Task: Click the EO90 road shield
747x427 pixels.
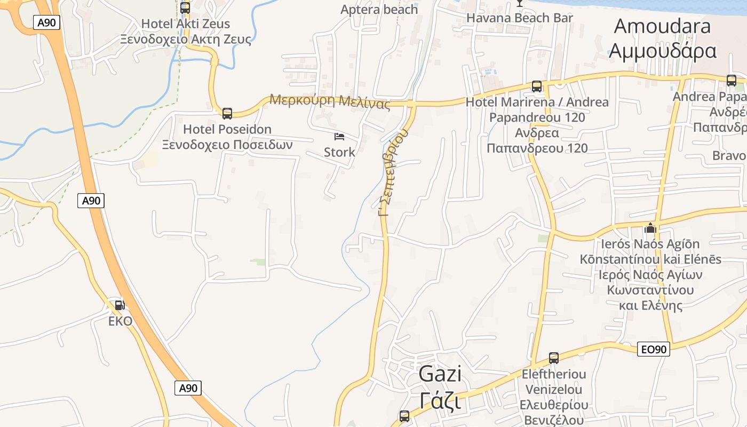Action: point(654,350)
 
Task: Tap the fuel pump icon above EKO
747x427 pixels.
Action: point(120,305)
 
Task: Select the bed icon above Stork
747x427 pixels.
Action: point(339,137)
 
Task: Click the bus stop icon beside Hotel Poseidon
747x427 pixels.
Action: point(227,113)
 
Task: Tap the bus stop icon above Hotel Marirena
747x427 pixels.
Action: point(537,86)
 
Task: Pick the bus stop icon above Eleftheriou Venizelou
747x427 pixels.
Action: point(554,358)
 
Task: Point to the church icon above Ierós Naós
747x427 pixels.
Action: point(650,228)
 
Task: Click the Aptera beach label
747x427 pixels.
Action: point(379,10)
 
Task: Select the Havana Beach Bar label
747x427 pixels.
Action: point(520,18)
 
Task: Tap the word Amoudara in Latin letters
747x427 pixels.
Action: point(662,26)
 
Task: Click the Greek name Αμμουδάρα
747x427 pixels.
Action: point(662,51)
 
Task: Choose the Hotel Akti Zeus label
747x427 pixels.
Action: point(186,23)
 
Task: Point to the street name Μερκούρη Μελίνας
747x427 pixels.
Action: point(330,101)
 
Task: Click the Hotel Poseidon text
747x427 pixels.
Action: point(227,129)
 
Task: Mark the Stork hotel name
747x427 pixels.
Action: point(339,152)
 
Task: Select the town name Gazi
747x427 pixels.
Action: point(440,374)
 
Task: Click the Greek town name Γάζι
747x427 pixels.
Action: point(440,400)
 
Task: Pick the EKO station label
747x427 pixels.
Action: point(120,321)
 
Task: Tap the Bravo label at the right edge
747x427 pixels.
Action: point(729,156)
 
